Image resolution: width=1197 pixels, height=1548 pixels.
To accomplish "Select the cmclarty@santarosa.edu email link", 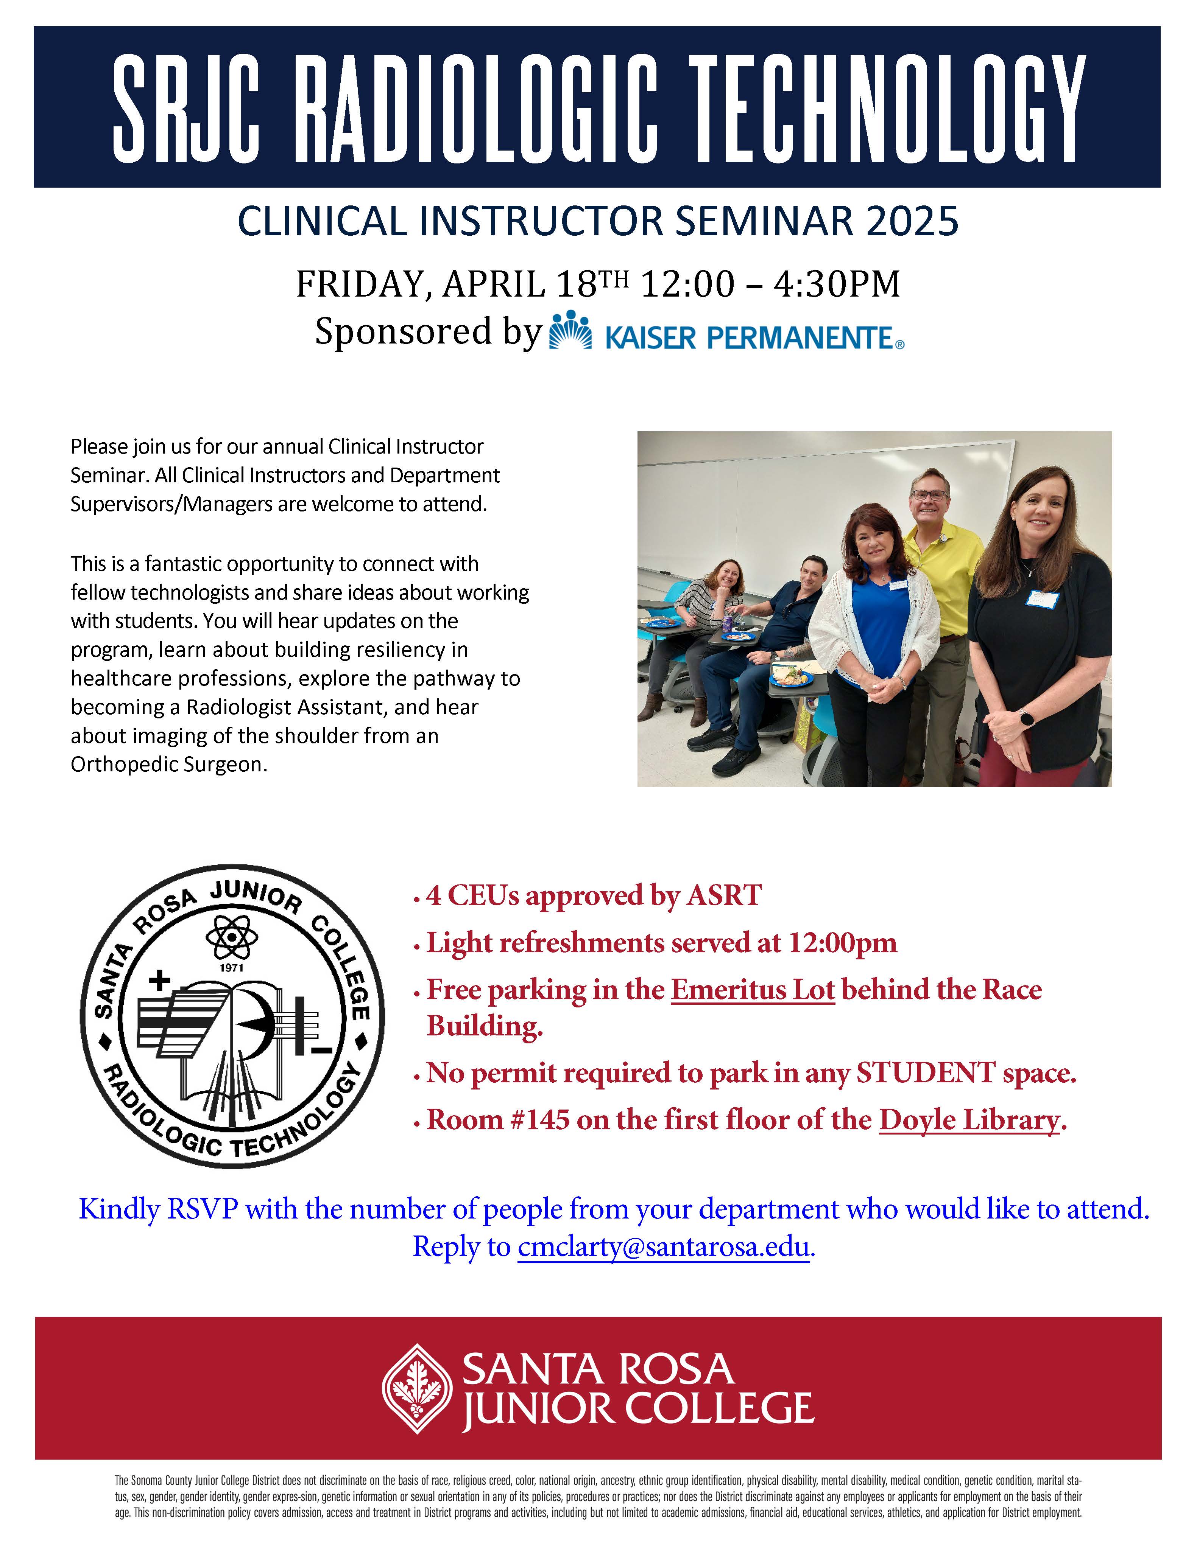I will [x=663, y=1247].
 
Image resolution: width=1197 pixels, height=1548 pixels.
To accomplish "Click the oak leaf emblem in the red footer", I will [x=416, y=1388].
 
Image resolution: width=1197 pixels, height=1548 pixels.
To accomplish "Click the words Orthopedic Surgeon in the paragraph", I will [x=169, y=765].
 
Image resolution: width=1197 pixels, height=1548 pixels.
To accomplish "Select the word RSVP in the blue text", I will [x=201, y=1209].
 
